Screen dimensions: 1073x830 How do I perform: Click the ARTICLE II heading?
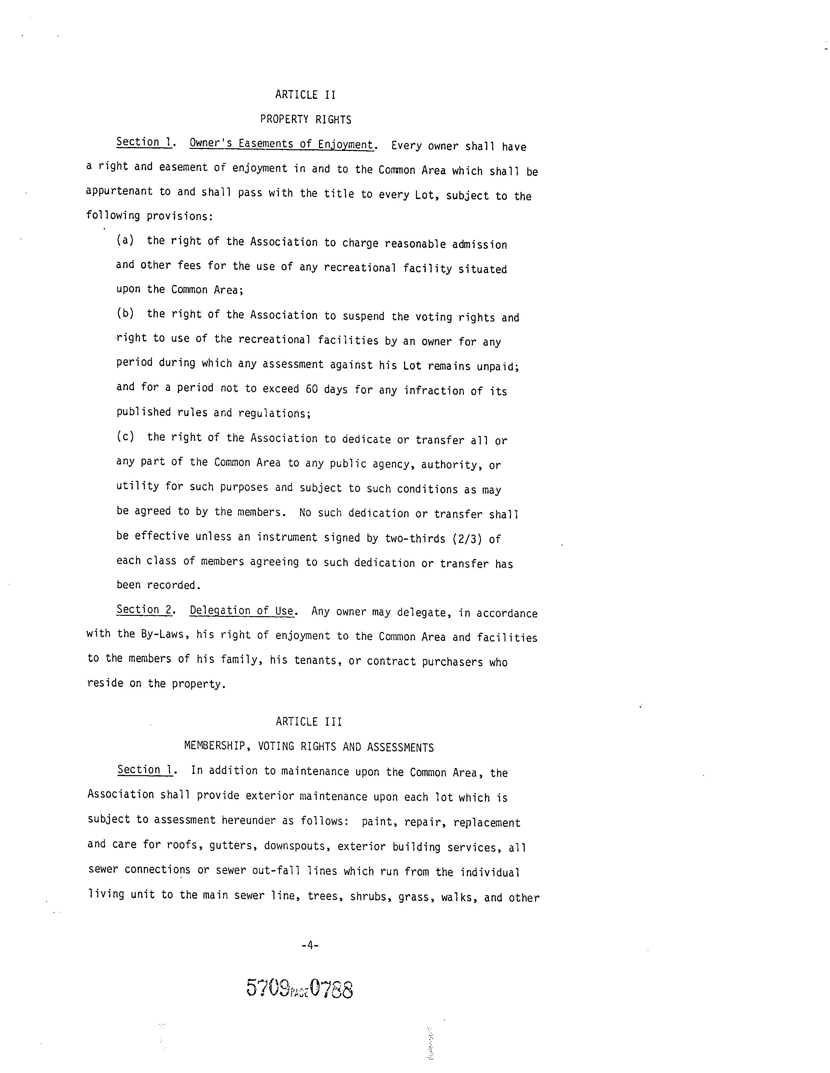click(x=305, y=95)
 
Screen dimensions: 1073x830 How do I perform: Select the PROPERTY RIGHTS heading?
click(x=305, y=119)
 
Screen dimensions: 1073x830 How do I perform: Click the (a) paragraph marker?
click(x=125, y=240)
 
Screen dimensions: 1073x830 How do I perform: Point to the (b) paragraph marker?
click(x=125, y=313)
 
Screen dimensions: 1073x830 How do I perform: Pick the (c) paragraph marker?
click(x=125, y=436)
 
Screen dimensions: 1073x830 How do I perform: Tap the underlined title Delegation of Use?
click(x=242, y=611)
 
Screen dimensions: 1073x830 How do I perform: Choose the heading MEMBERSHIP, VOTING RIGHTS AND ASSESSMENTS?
click(x=309, y=747)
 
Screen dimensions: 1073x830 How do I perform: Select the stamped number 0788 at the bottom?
click(x=331, y=988)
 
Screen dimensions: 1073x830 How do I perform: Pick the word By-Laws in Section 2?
click(x=165, y=634)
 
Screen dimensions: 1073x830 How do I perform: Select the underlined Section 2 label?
click(x=144, y=610)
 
